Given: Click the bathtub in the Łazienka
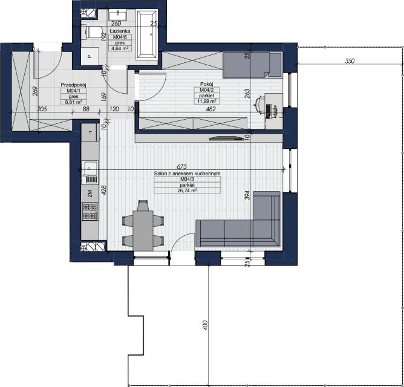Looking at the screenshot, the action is coord(146,34).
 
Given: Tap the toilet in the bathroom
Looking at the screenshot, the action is coord(91,32).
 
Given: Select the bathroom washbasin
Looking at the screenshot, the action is coord(117,15).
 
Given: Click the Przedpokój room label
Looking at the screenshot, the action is coord(73,85).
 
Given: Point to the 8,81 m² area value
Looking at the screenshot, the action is coord(73,102).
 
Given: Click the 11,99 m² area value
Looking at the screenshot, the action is coord(207,101).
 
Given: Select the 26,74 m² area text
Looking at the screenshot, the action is coord(187,190).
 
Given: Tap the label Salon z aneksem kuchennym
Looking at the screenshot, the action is coord(187,174).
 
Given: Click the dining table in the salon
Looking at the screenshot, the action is coord(143,230).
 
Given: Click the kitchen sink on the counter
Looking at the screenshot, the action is coord(90,172).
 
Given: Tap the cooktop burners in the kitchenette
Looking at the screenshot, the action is coord(90,212).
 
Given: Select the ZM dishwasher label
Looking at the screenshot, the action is coord(90,193).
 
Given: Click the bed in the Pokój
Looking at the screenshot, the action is coord(252,65).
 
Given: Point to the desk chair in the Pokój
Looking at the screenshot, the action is coord(259,105).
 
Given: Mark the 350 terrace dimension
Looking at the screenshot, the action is coord(350,61).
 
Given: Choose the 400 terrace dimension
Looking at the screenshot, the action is coord(205,325).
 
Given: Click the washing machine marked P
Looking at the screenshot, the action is coord(90,56).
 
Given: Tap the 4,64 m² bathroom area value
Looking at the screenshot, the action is coord(120,48).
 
